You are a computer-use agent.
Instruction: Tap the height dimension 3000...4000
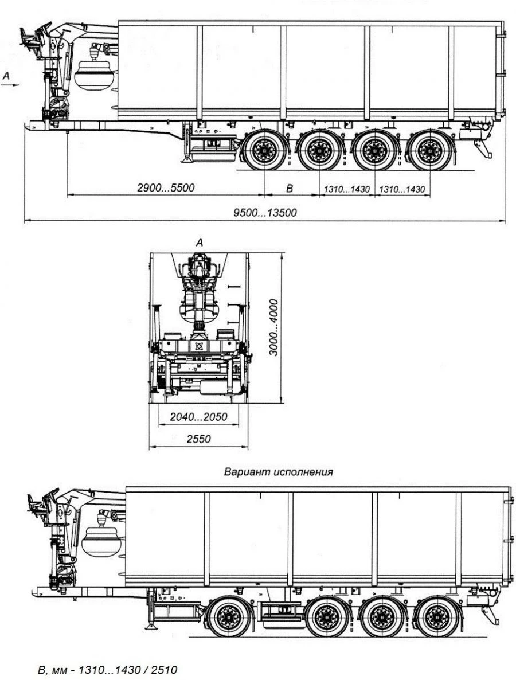click(x=275, y=327)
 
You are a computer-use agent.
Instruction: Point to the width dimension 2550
click(x=198, y=439)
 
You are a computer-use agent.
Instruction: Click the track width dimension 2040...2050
click(x=198, y=417)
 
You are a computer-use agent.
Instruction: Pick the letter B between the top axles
click(x=290, y=187)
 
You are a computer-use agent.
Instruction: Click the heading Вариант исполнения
click(x=279, y=472)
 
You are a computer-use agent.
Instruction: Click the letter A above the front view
click(x=200, y=243)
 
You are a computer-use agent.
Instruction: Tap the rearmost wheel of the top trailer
click(x=427, y=151)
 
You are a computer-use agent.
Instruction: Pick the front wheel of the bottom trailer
click(x=229, y=618)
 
